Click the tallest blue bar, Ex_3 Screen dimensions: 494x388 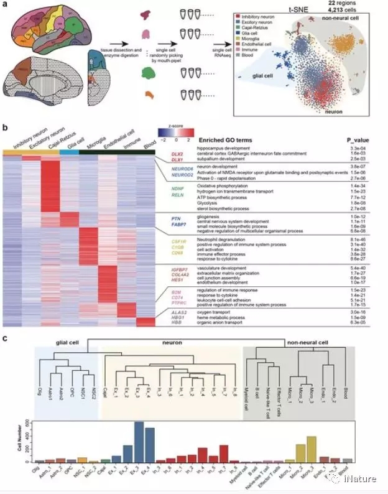[139, 442]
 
